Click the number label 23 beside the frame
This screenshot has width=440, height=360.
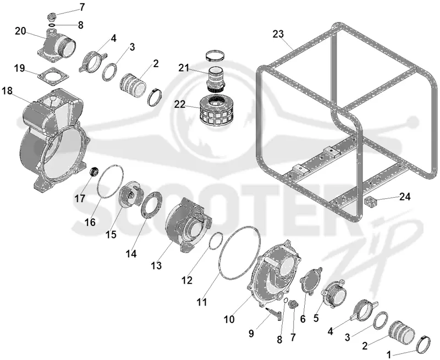click(278, 34)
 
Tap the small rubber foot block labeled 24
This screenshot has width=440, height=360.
click(370, 202)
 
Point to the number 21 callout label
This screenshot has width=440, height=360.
click(184, 68)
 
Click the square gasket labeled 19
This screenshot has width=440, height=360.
click(54, 76)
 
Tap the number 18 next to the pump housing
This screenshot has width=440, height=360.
click(7, 91)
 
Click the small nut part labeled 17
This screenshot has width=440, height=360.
click(94, 171)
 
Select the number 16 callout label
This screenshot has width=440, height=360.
click(90, 222)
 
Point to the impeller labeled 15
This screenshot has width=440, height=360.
click(131, 194)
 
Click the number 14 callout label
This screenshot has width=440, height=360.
click(131, 254)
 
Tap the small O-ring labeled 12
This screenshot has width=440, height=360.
click(216, 240)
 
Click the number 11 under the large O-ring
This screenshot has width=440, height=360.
click(202, 302)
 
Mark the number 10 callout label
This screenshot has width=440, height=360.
click(229, 319)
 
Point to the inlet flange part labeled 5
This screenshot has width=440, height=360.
click(334, 293)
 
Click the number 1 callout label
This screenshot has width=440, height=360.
click(389, 355)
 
